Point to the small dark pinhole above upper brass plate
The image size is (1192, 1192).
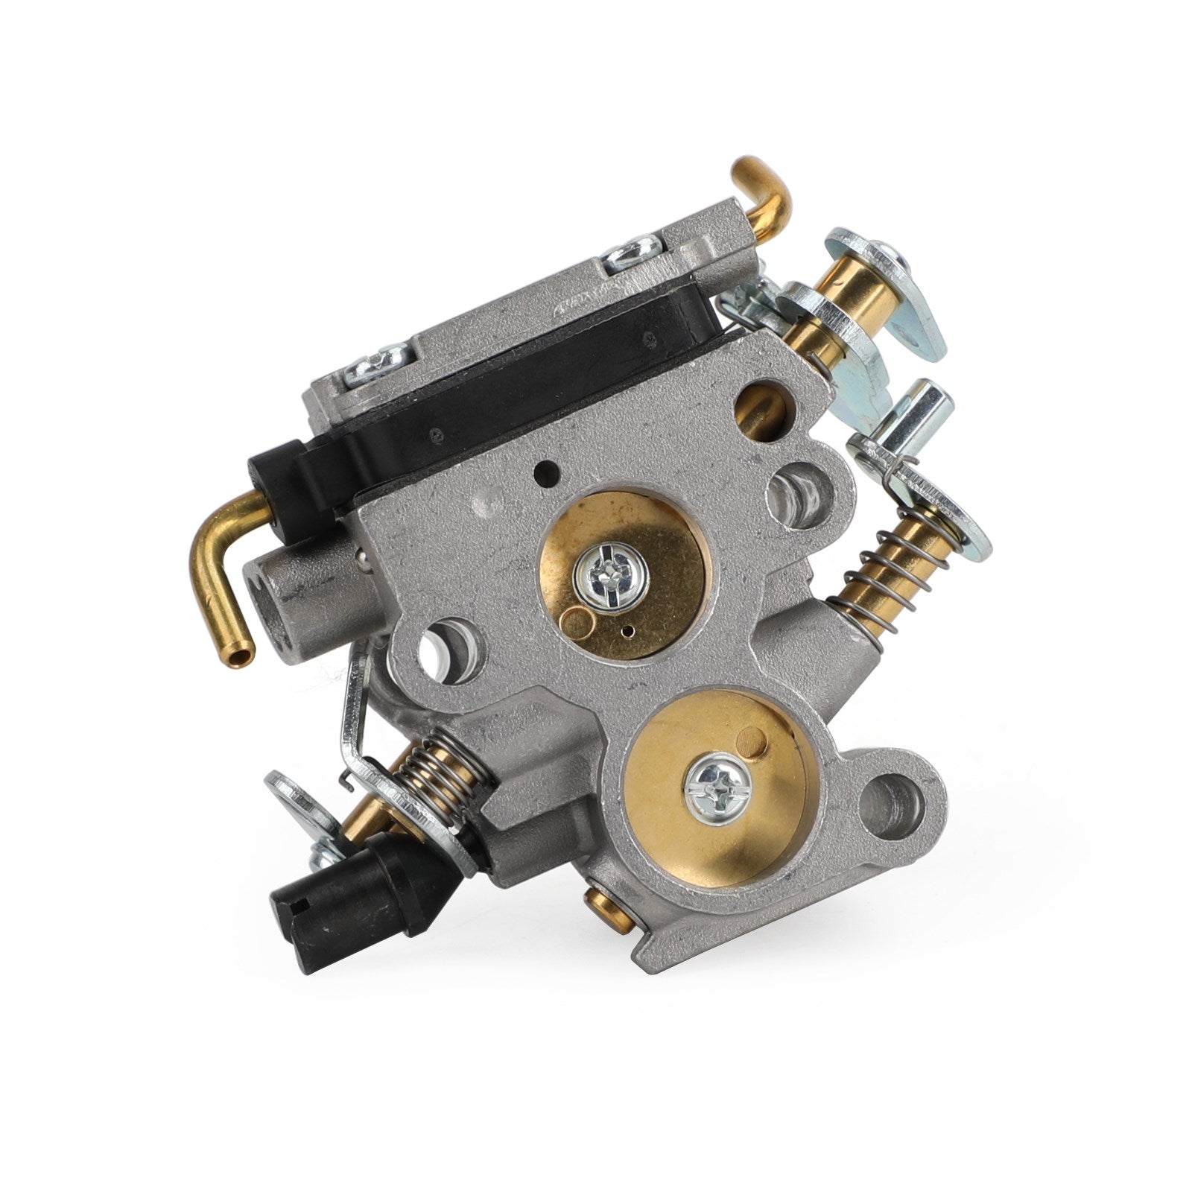click(549, 471)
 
